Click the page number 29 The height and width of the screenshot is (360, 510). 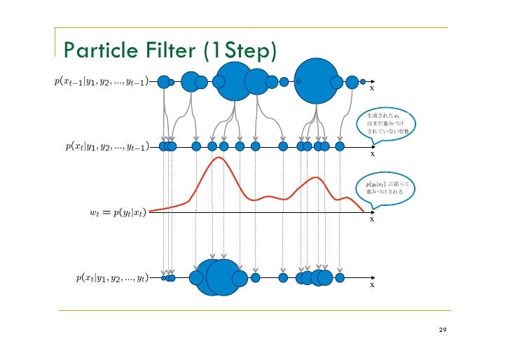tap(442, 329)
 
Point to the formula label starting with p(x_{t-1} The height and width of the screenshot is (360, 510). tap(100, 82)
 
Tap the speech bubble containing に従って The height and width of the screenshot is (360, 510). tap(387, 188)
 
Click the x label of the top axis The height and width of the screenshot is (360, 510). tap(372, 89)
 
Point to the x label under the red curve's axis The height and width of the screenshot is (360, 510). tap(372, 219)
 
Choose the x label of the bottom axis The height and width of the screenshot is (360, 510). tap(372, 285)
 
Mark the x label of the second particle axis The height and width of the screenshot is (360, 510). tap(372, 154)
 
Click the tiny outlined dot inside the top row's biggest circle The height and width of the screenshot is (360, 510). tap(298, 82)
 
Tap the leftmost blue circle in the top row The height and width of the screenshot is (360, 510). tap(163, 82)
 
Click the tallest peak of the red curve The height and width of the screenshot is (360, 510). tap(220, 158)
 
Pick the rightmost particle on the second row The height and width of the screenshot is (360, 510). tap(340, 147)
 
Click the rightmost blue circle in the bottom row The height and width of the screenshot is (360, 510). tap(340, 278)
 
